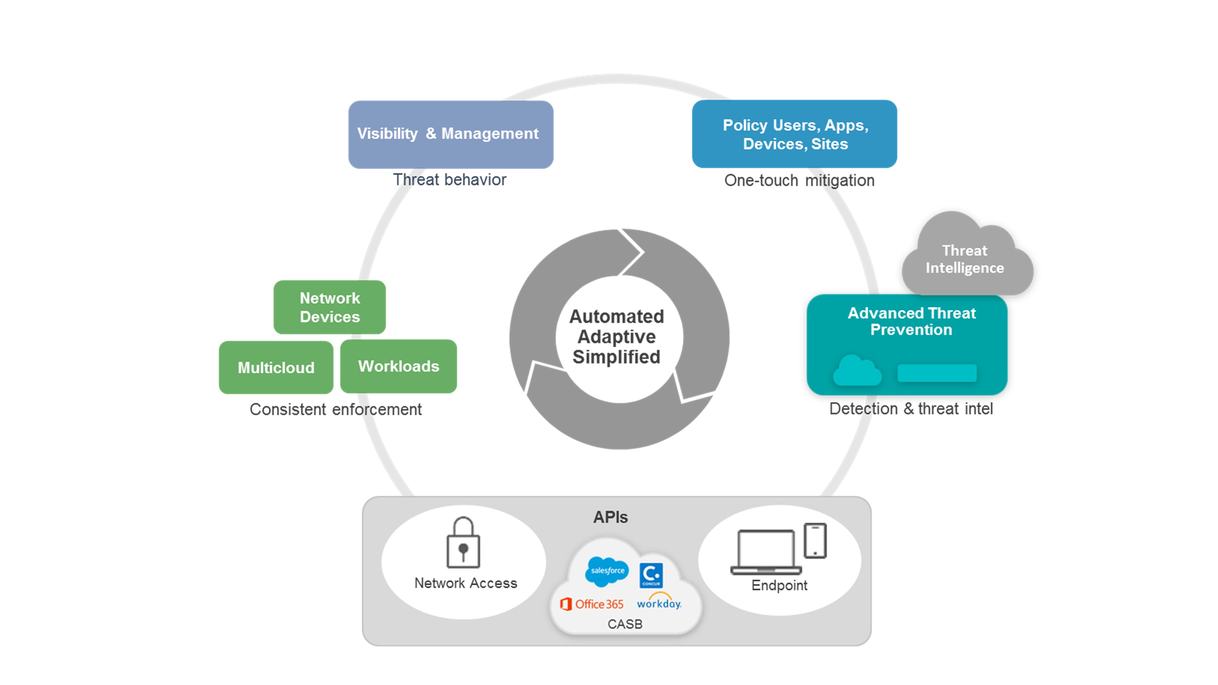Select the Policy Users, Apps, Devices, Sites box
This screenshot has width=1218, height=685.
(794, 134)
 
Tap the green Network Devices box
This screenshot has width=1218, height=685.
(329, 307)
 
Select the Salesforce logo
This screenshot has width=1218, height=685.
(607, 571)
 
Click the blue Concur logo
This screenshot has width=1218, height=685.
(651, 575)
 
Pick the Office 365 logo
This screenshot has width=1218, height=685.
(592, 604)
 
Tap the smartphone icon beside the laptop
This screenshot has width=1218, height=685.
(815, 541)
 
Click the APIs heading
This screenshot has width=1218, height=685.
(611, 517)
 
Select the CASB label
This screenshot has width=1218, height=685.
(625, 624)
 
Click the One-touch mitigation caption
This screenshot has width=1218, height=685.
(799, 181)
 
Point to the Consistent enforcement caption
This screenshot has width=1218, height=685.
(335, 409)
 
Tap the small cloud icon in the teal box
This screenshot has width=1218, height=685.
(857, 371)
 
